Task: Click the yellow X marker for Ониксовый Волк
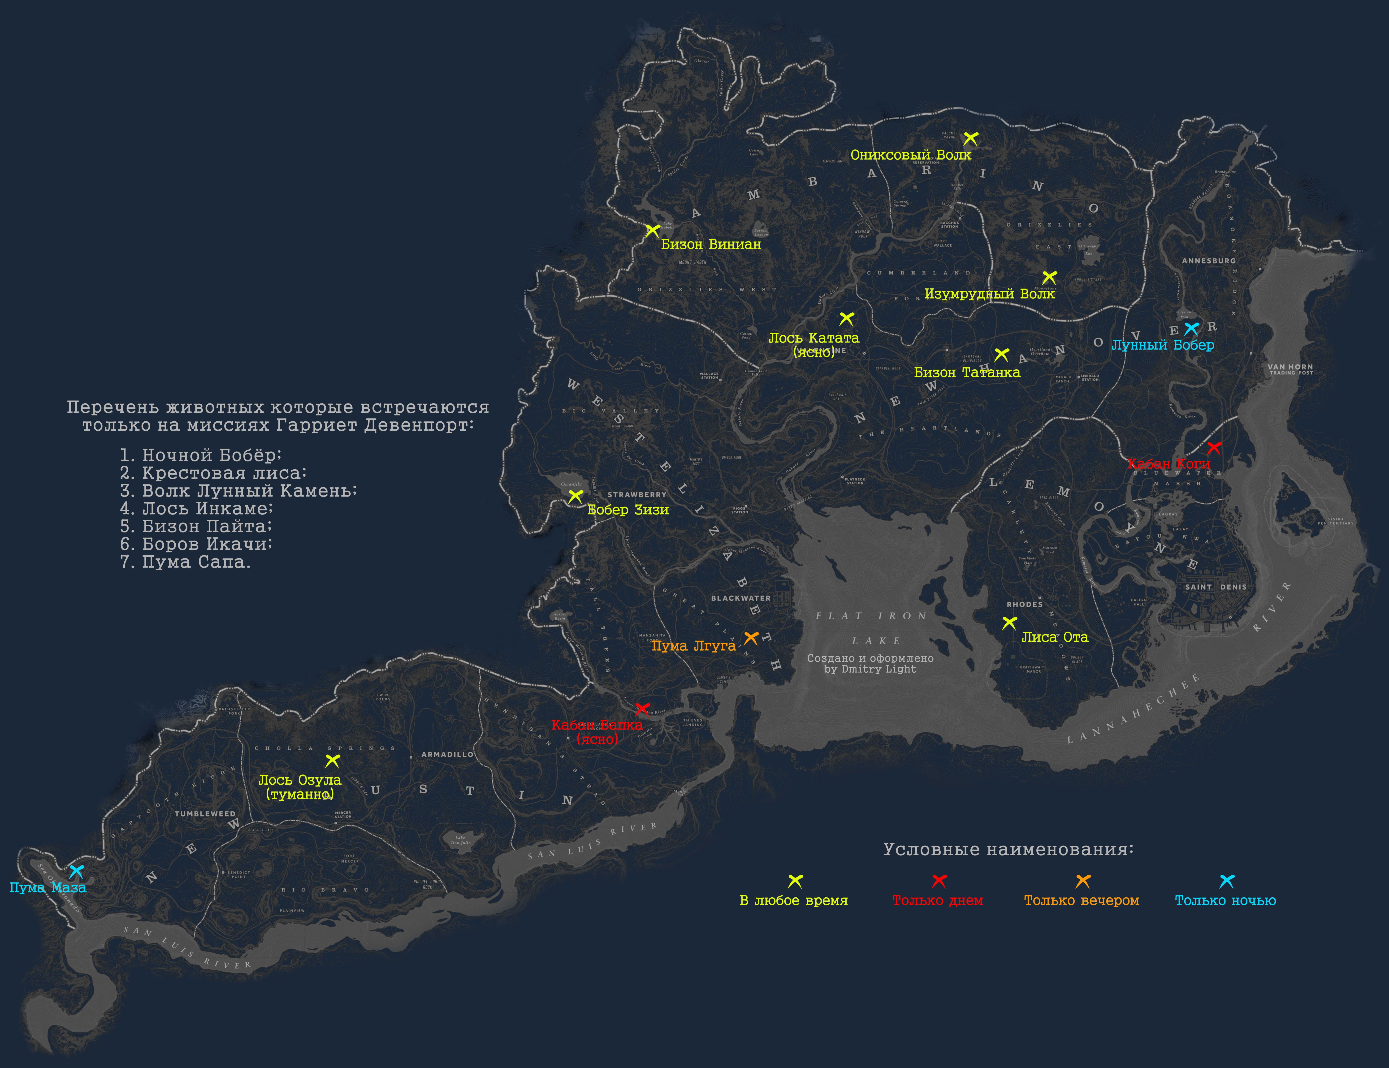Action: (x=970, y=138)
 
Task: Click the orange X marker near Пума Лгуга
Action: (x=751, y=638)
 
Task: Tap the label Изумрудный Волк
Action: (x=990, y=294)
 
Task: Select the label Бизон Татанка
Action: (x=967, y=372)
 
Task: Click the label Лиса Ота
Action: (x=1055, y=637)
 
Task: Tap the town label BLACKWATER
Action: (x=741, y=598)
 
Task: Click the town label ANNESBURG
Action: (x=1208, y=261)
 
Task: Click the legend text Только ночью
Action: (x=1225, y=900)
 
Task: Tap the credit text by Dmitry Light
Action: (x=870, y=669)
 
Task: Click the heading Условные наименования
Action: (x=1008, y=849)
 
